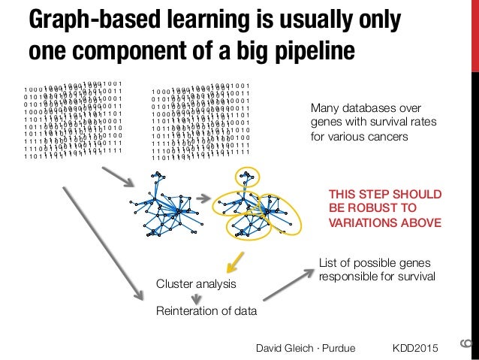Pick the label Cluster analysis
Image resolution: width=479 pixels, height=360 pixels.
pyautogui.click(x=195, y=285)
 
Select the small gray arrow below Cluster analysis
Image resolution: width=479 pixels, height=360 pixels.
pyautogui.click(x=195, y=298)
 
